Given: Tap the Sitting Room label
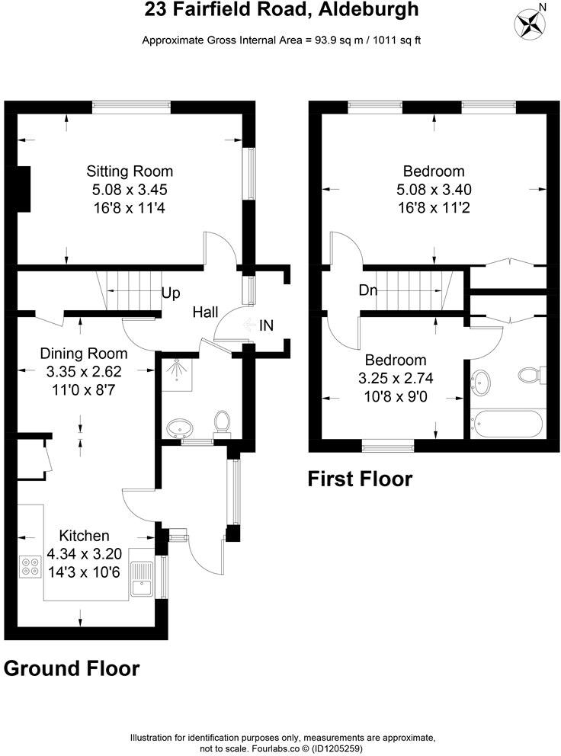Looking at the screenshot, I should (x=129, y=171).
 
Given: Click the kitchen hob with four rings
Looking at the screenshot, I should (x=31, y=566).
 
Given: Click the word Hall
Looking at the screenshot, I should (x=205, y=312).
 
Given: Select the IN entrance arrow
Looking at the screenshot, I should (x=250, y=325).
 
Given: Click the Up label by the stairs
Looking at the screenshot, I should (x=171, y=293).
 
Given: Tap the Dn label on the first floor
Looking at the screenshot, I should (x=369, y=290).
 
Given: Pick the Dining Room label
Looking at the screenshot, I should (x=84, y=354).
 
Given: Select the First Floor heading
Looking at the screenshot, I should (x=360, y=479).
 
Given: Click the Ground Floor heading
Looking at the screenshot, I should (x=72, y=668).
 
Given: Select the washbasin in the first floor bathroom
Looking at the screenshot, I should (x=482, y=380).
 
